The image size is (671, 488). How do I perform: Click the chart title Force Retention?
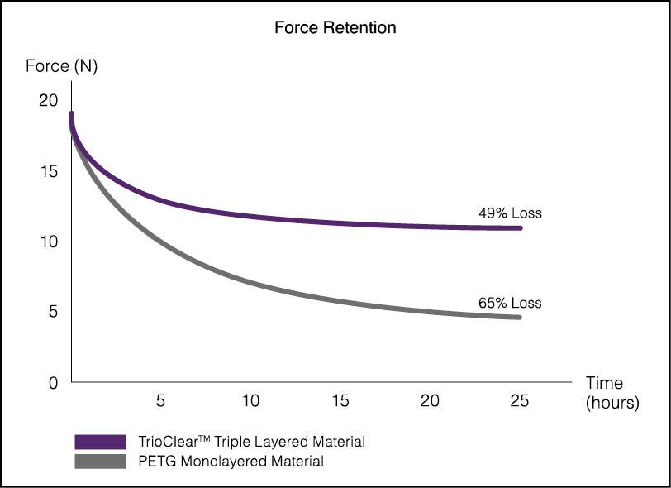pyautogui.click(x=335, y=27)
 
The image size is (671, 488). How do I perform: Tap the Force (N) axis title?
pyautogui.click(x=62, y=66)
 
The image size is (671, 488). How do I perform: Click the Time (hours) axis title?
pyautogui.click(x=612, y=392)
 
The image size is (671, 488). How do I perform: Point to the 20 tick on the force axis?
pyautogui.click(x=48, y=100)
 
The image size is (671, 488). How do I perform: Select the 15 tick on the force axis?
pyautogui.click(x=49, y=171)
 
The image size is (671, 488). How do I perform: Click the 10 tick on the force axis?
pyautogui.click(x=49, y=242)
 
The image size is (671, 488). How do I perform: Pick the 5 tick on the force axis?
pyautogui.click(x=53, y=312)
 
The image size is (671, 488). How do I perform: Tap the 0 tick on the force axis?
pyautogui.click(x=53, y=382)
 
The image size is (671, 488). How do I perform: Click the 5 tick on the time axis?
pyautogui.click(x=160, y=400)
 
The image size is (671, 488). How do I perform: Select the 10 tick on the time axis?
pyautogui.click(x=250, y=400)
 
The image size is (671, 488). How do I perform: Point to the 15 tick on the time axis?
pyautogui.click(x=340, y=400)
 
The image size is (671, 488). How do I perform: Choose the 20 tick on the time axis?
pyautogui.click(x=430, y=400)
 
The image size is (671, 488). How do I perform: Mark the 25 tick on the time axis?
pyautogui.click(x=520, y=400)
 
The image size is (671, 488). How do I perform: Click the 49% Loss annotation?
pyautogui.click(x=510, y=213)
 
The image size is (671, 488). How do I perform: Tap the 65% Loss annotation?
pyautogui.click(x=510, y=303)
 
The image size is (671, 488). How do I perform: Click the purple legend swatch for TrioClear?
pyautogui.click(x=101, y=442)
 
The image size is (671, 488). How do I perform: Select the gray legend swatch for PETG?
pyautogui.click(x=101, y=462)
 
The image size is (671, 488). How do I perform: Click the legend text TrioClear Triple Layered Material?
pyautogui.click(x=251, y=442)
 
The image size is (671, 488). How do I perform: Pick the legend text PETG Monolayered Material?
pyautogui.click(x=231, y=461)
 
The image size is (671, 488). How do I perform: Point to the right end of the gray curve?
pyautogui.click(x=520, y=318)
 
